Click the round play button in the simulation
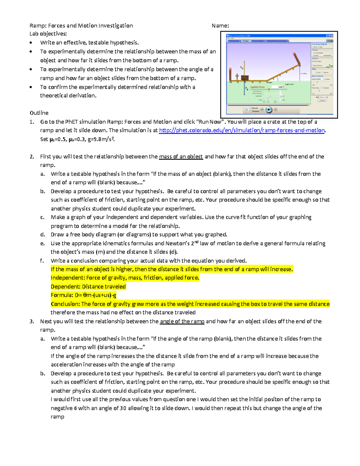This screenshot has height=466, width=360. coord(269,110)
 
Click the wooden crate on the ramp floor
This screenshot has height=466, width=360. coord(244,78)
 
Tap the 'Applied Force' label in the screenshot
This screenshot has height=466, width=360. coord(257,87)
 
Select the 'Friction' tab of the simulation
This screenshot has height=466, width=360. coord(246,41)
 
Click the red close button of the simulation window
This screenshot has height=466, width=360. coord(332,36)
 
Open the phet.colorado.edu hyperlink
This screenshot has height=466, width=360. coord(241,130)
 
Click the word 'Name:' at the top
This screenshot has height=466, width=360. coord(220,26)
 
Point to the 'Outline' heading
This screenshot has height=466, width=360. coord(39,113)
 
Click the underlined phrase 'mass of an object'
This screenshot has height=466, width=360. coord(181,157)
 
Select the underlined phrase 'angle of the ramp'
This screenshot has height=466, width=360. coord(182,321)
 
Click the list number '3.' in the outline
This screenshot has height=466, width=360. coord(32,321)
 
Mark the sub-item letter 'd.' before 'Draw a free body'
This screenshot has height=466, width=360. coord(43,235)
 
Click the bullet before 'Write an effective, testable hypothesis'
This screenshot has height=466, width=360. coord(31,43)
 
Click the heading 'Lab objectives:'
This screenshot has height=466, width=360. coord(48,34)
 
